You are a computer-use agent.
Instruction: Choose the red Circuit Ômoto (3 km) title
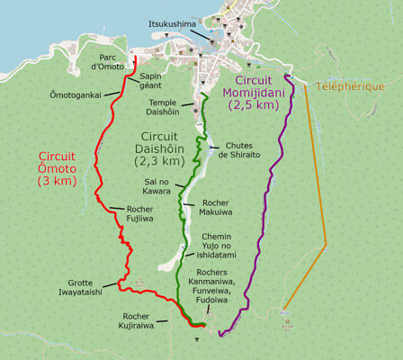tap(58, 166)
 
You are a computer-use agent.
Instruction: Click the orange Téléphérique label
tap(351, 86)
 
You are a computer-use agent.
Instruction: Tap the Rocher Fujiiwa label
tap(133, 213)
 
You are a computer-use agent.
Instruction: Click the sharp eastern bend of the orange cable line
tap(327, 244)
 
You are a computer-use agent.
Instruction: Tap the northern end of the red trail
tap(134, 57)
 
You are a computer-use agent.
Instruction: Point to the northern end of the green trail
tap(205, 94)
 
